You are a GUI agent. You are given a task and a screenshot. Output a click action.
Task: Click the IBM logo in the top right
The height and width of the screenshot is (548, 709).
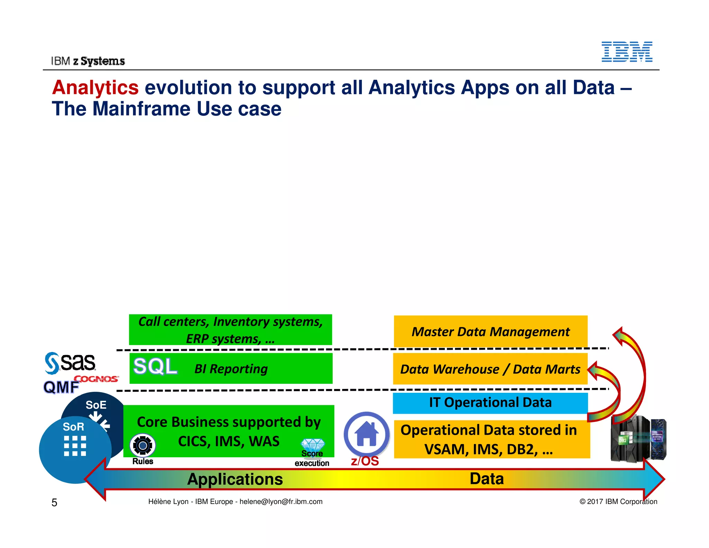coord(627,52)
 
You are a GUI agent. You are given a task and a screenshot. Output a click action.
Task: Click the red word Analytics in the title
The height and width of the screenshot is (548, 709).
coord(95,87)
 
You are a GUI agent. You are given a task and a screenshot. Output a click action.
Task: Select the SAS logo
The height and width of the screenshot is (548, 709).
coord(70,363)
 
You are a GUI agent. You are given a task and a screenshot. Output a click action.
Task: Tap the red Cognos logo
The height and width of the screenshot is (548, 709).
coord(96,379)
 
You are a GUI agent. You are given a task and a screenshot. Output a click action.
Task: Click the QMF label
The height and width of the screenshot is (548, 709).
coord(61,387)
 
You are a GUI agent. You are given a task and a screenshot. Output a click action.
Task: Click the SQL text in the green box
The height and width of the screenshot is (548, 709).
coord(155,366)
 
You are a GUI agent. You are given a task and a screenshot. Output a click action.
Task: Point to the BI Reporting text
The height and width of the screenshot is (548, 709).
coord(231,369)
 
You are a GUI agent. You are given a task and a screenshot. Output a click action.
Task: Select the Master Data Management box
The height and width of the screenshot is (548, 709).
coord(491,332)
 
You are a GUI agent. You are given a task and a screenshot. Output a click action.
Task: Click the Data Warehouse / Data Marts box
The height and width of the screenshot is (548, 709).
coord(490,369)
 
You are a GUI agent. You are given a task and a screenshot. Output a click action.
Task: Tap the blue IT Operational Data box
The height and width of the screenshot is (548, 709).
coord(490,403)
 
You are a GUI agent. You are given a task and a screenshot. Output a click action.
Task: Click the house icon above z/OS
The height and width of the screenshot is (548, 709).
coord(367,434)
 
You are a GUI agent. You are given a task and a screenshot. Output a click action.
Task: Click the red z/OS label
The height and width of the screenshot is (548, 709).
coord(365,461)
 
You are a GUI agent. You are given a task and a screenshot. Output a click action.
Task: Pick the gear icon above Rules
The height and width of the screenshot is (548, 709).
coord(143,445)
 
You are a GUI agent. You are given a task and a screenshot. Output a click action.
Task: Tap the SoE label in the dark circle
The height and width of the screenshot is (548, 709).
coord(96,405)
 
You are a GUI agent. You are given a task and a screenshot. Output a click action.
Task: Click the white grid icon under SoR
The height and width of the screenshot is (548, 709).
coord(75,446)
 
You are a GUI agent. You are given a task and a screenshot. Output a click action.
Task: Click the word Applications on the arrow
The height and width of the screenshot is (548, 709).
coord(235,479)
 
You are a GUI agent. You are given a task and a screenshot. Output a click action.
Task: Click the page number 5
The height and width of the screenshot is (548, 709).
coord(54,503)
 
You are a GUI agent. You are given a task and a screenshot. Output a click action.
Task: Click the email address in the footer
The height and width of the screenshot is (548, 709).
coord(281,502)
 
